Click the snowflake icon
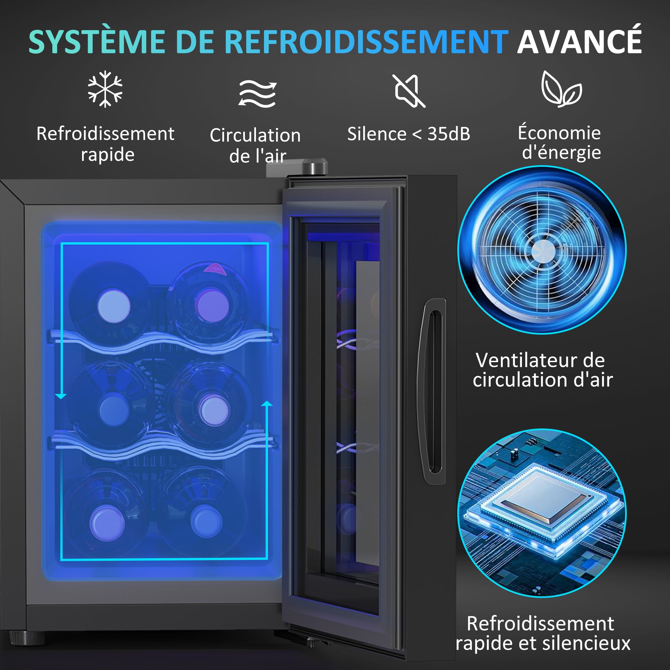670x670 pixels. (x=105, y=89)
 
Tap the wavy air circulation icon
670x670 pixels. (x=257, y=93)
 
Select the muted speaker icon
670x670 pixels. (x=409, y=90)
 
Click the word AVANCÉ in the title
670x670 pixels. (x=579, y=42)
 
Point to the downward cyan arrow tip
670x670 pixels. (x=61, y=396)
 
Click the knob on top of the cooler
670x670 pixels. (x=315, y=166)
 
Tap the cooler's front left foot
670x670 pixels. (x=27, y=638)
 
